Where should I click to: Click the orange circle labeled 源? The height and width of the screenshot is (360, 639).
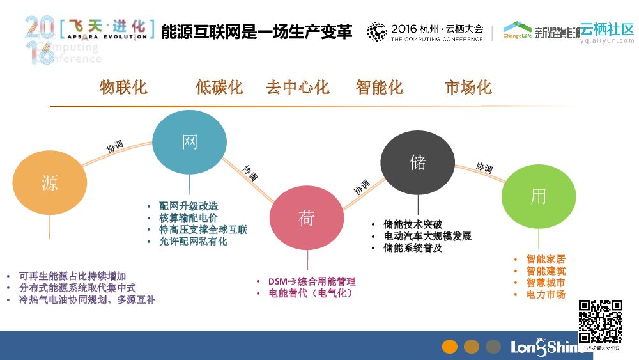[49, 184]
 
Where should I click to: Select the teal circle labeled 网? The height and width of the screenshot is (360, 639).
[190, 143]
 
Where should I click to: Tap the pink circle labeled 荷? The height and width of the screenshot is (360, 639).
[307, 218]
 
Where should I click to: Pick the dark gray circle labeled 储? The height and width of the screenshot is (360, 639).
[417, 162]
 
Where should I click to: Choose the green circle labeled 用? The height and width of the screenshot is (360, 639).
[538, 196]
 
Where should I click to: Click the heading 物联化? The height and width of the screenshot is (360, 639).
[123, 87]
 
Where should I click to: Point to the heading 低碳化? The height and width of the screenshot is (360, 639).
[219, 87]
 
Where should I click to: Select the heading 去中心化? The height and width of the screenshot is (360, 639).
[297, 87]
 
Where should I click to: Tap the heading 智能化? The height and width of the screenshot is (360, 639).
[380, 87]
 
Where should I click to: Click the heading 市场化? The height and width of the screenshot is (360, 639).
[468, 87]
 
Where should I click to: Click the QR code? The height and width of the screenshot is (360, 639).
[600, 322]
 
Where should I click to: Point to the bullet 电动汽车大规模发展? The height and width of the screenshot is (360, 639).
[427, 236]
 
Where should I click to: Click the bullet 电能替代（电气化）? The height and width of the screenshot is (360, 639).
[311, 293]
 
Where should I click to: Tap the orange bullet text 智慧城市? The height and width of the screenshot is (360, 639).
[546, 283]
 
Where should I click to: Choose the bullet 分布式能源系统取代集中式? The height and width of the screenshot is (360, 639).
[77, 288]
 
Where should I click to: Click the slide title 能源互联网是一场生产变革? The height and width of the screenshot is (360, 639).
[256, 32]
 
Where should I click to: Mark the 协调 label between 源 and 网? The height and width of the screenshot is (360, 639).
[115, 146]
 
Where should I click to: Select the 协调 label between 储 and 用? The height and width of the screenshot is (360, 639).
[484, 168]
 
